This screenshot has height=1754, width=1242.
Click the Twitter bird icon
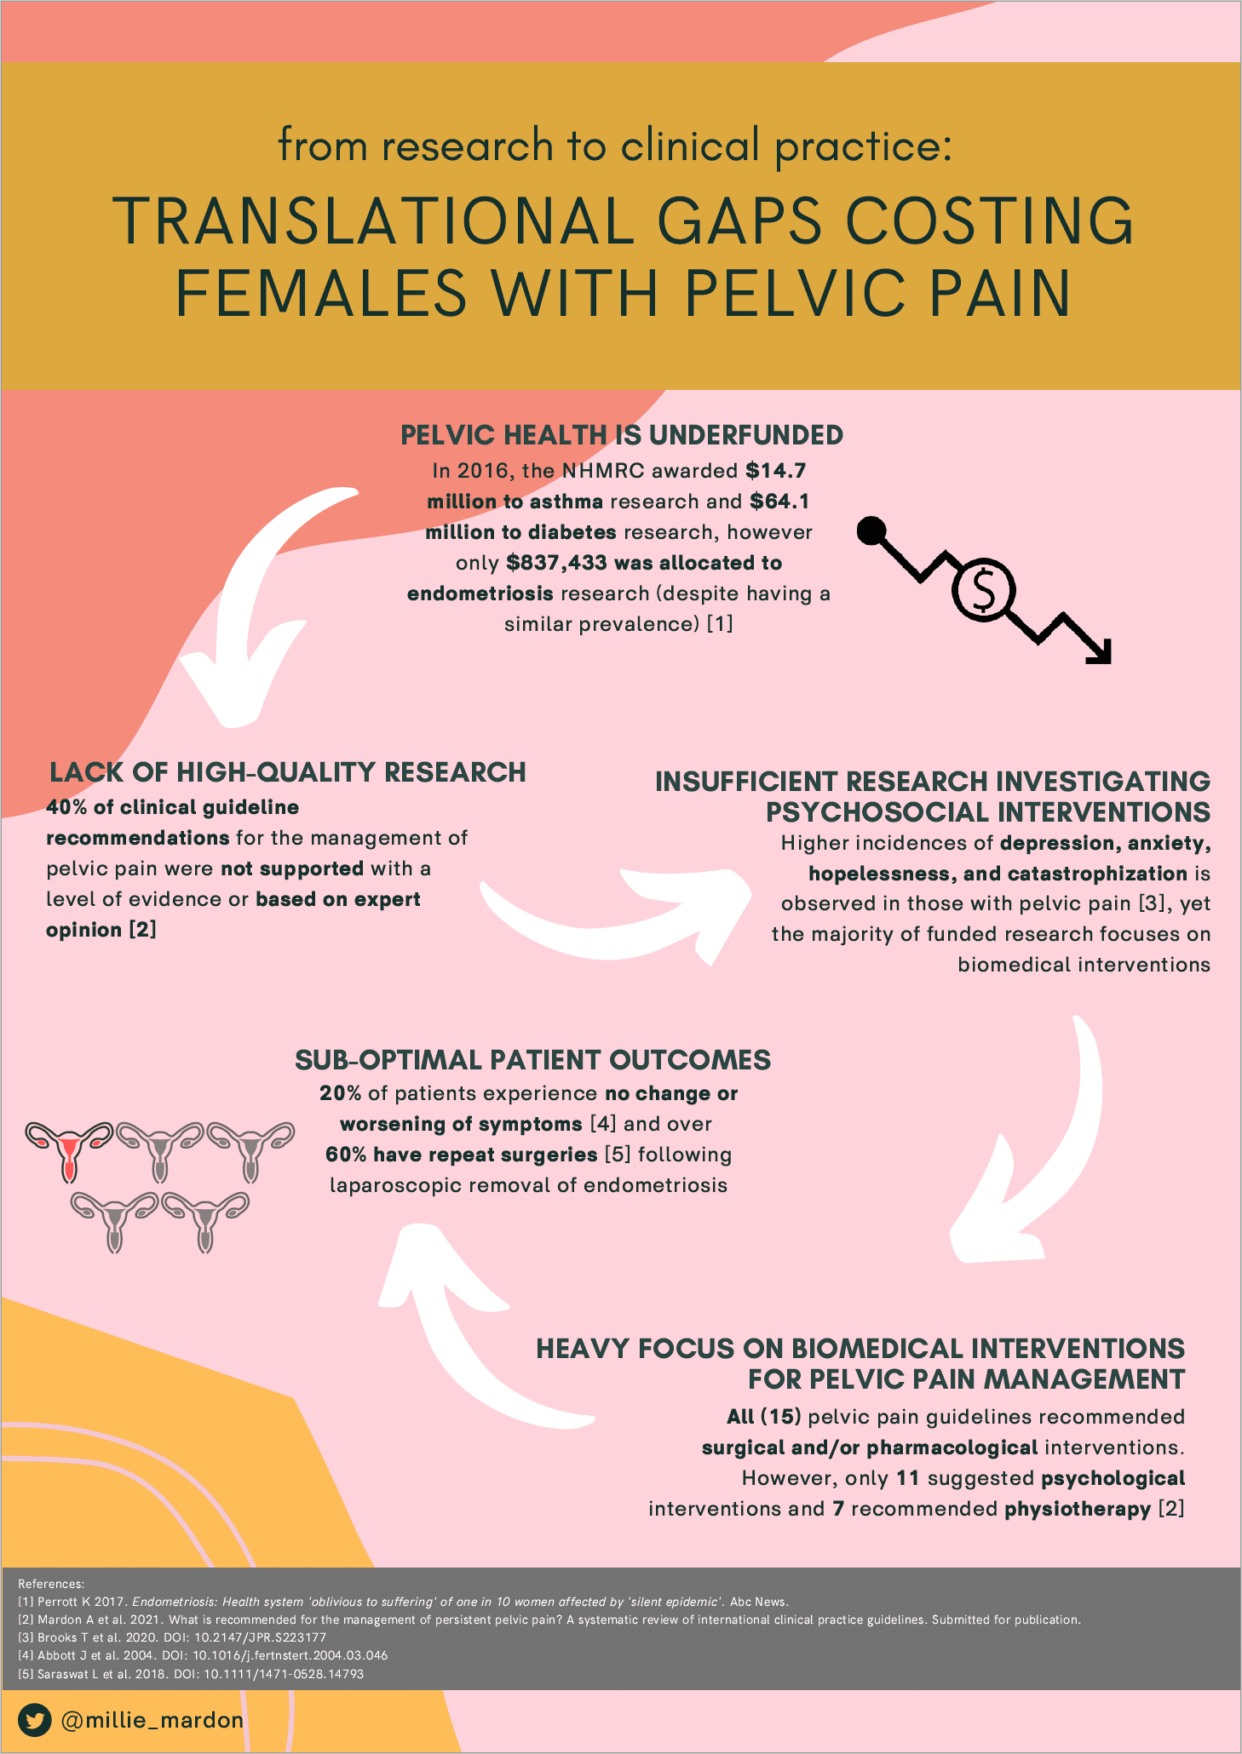click(x=35, y=1721)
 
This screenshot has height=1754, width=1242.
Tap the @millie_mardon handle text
click(x=152, y=1721)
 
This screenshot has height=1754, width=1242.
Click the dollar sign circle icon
click(x=983, y=590)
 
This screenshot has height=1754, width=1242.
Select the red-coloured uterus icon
click(x=69, y=1150)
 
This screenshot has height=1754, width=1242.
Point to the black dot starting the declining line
click(x=870, y=530)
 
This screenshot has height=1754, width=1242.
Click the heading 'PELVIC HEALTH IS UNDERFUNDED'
click(x=622, y=435)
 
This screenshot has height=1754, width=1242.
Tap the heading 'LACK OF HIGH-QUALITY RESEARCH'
click(x=288, y=772)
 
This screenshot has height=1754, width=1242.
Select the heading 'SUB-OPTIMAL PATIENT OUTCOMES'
click(x=532, y=1060)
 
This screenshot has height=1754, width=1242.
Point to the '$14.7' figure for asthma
click(x=775, y=471)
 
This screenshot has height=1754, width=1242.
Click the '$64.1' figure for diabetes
click(x=779, y=502)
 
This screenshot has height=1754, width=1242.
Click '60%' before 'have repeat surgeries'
click(x=346, y=1155)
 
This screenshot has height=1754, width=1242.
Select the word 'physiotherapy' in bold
click(x=1078, y=1509)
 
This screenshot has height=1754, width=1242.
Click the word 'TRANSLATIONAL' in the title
click(x=373, y=221)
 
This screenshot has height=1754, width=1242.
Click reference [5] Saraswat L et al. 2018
click(x=191, y=1674)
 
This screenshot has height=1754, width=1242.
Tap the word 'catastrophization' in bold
click(x=1097, y=874)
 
